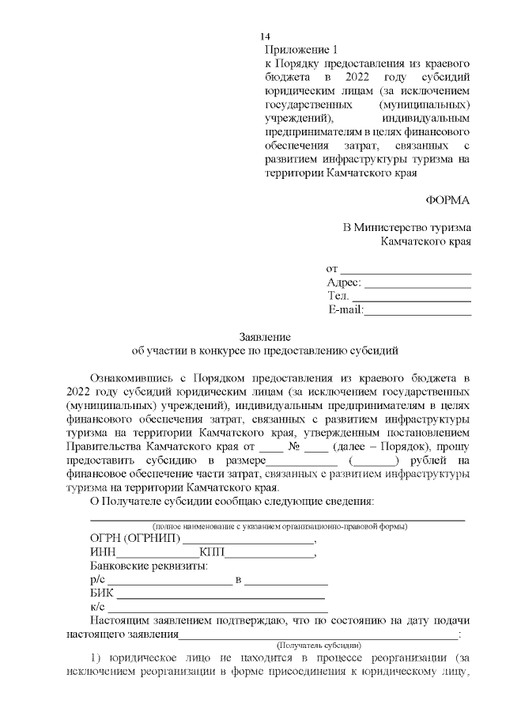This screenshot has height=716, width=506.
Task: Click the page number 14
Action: [266, 37]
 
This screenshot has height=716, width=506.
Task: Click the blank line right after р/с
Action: [169, 581]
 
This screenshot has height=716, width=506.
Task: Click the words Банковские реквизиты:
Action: [149, 566]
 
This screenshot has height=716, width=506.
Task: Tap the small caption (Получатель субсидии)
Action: [317, 646]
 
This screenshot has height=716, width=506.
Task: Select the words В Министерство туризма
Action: [406, 228]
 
